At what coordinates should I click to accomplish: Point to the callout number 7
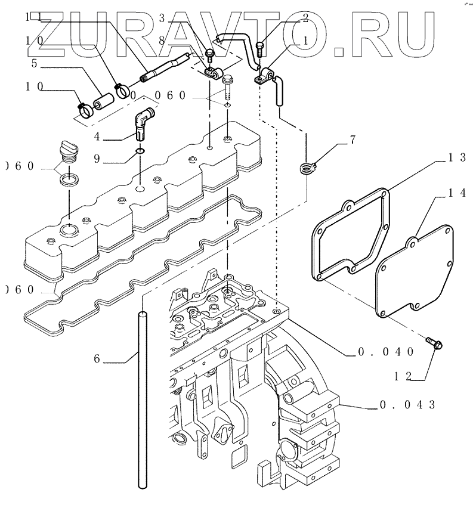tap(353, 140)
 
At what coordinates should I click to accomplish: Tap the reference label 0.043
tap(409, 405)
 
